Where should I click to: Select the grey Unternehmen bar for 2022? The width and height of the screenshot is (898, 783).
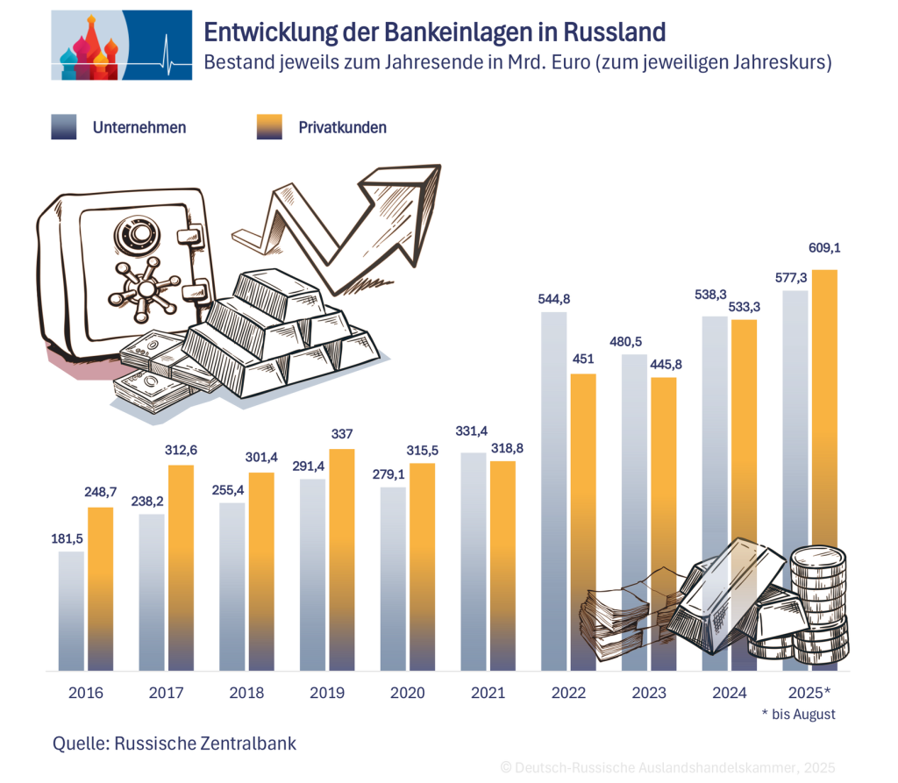pyautogui.click(x=553, y=491)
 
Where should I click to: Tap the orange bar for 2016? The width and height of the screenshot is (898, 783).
pyautogui.click(x=101, y=588)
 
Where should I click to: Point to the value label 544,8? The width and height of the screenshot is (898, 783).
pyautogui.click(x=553, y=299)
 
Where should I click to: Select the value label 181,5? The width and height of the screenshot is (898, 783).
pyautogui.click(x=71, y=538)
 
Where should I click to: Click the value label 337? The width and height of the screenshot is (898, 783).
pyautogui.click(x=341, y=434)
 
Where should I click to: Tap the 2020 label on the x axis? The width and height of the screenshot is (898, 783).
pyautogui.click(x=406, y=693)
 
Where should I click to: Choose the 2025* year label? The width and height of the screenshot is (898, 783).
pyautogui.click(x=808, y=693)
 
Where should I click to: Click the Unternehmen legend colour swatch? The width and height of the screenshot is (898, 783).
pyautogui.click(x=64, y=127)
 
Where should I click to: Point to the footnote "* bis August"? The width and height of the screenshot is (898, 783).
pyautogui.click(x=798, y=715)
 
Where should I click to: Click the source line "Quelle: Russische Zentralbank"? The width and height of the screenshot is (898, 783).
pyautogui.click(x=175, y=744)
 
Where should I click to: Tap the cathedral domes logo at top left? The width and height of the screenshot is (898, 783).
pyautogui.click(x=88, y=48)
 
